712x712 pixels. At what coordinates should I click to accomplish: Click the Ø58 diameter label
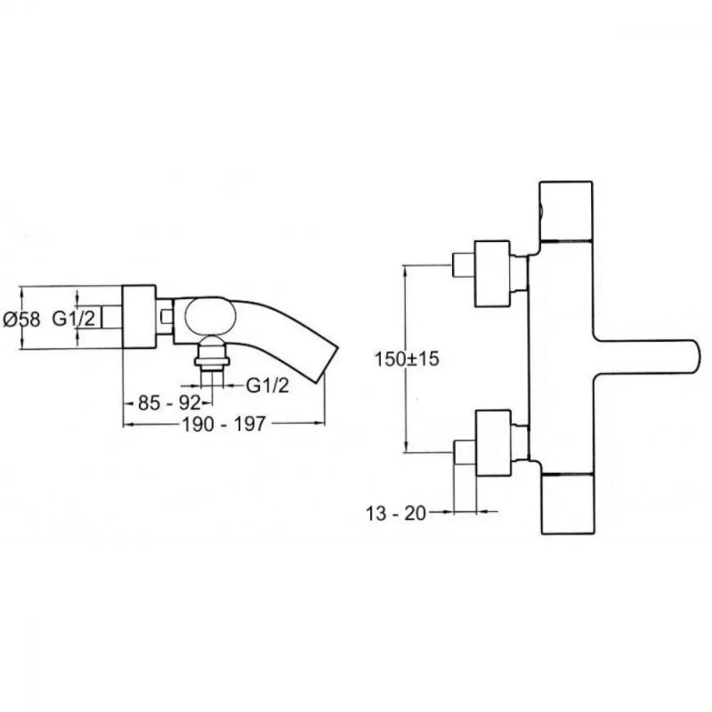tap(21, 319)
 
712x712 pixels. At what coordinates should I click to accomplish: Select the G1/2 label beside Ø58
tap(73, 318)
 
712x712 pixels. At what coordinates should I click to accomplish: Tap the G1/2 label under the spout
tap(268, 385)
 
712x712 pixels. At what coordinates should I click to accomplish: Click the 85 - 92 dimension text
tap(169, 402)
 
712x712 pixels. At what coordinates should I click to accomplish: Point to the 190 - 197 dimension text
tap(224, 424)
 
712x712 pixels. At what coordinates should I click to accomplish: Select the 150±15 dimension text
tap(407, 359)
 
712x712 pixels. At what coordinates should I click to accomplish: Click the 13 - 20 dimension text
tap(396, 513)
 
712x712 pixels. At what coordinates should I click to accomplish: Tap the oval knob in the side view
tap(211, 317)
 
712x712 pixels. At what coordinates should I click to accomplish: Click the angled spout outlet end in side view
tap(332, 365)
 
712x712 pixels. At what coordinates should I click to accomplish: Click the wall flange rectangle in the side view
tap(140, 317)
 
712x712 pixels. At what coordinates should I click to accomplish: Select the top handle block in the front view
tap(566, 211)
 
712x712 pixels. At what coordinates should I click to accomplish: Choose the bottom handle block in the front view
tap(568, 503)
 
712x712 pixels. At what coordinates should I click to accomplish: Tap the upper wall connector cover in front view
tap(492, 274)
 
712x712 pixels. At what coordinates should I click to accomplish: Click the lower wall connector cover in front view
tap(493, 443)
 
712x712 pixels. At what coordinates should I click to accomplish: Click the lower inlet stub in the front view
tap(464, 452)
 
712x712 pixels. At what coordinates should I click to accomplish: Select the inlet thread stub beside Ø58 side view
tap(112, 317)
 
